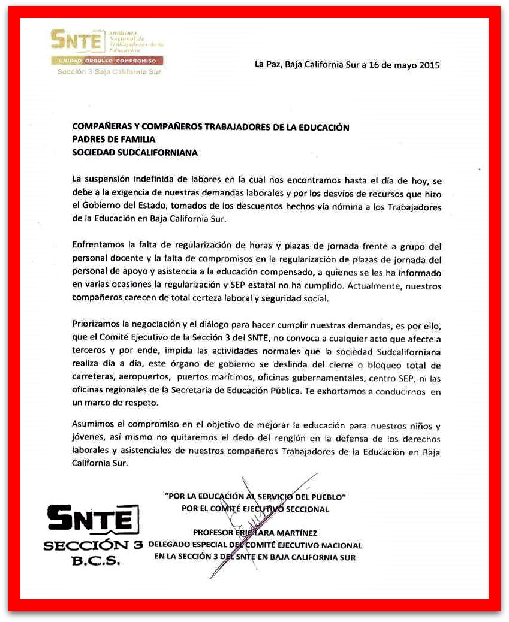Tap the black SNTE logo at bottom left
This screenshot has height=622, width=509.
pyautogui.click(x=93, y=518)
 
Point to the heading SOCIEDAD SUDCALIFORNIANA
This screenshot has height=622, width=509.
pyautogui.click(x=135, y=152)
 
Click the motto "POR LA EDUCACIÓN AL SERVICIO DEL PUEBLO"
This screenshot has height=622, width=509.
pyautogui.click(x=255, y=496)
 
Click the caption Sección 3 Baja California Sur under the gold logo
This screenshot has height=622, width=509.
pyautogui.click(x=109, y=71)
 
